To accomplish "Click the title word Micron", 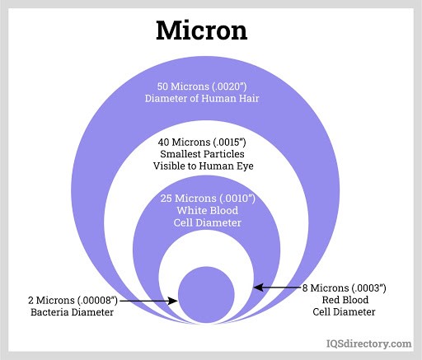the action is (x=202, y=30).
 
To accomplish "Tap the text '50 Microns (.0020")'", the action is (x=202, y=86).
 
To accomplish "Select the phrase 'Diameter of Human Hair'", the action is (x=202, y=98).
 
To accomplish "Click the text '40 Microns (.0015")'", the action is (x=202, y=143).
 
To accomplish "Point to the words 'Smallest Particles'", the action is (x=202, y=154).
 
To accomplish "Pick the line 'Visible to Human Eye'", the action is (x=204, y=166).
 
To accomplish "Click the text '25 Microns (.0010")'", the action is (x=208, y=199).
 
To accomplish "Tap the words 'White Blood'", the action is (x=208, y=211).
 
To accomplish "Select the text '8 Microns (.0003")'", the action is (x=345, y=288).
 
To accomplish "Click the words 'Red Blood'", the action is (x=345, y=300).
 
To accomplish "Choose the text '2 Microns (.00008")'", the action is (x=73, y=301).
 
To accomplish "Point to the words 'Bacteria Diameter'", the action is (x=72, y=312).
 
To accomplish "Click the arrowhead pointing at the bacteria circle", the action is (x=173, y=301).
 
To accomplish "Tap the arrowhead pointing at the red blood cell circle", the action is (x=259, y=288).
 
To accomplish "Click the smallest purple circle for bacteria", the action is (x=206, y=295).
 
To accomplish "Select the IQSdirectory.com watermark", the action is (x=368, y=344).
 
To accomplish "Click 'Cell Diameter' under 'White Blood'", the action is (x=208, y=222).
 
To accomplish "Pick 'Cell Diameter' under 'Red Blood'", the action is (x=344, y=312).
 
